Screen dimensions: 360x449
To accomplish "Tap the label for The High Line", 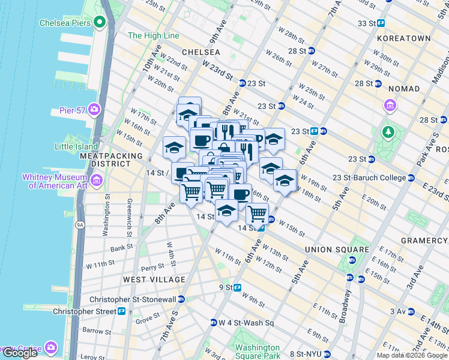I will [154, 35].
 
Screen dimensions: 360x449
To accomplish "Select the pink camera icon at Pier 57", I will [94, 109].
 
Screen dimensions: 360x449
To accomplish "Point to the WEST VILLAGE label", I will [154, 280].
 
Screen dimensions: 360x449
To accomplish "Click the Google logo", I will [20, 353].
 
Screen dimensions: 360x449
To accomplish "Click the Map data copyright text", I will [412, 355].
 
